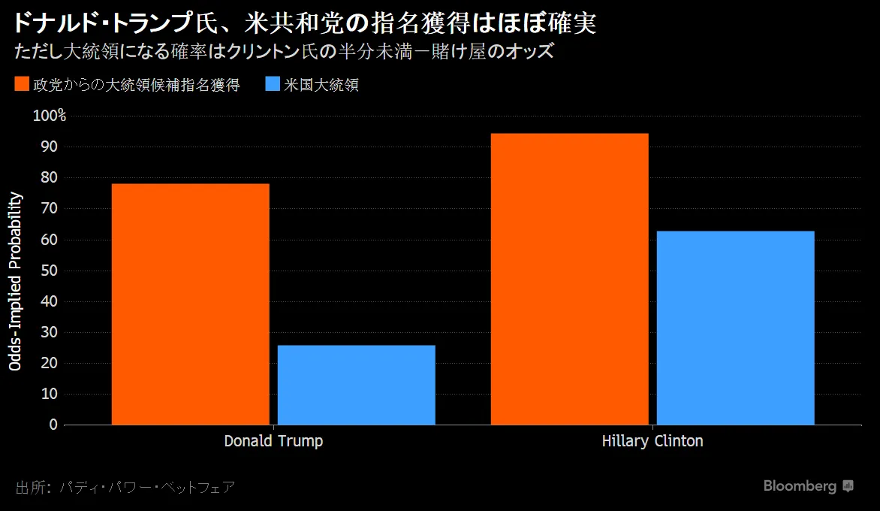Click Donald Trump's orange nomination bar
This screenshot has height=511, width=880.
pyautogui.click(x=190, y=304)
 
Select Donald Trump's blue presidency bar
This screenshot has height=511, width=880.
pyautogui.click(x=356, y=385)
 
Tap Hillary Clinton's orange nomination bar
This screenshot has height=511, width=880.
pyautogui.click(x=569, y=279)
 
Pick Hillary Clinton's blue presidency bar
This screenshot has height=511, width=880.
pyautogui.click(x=735, y=328)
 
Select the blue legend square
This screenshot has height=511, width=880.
pyautogui.click(x=273, y=84)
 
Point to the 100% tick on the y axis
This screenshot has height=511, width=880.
pyautogui.click(x=49, y=116)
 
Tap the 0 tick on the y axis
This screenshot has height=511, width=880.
pyautogui.click(x=53, y=425)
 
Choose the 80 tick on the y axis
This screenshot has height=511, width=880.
pyautogui.click(x=49, y=178)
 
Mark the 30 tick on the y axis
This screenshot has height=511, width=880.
pyautogui.click(x=49, y=332)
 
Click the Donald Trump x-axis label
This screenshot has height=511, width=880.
pyautogui.click(x=273, y=441)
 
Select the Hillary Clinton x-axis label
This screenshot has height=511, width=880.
pyautogui.click(x=652, y=441)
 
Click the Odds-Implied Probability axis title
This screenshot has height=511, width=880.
pyautogui.click(x=16, y=282)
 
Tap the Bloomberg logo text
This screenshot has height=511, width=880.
pyautogui.click(x=800, y=486)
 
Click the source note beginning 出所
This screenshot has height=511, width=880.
pyautogui.click(x=125, y=487)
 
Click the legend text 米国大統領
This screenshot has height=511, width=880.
pyautogui.click(x=321, y=85)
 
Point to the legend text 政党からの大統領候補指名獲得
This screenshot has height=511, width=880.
pyautogui.click(x=136, y=85)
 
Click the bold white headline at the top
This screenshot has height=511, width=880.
pyautogui.click(x=303, y=23)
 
